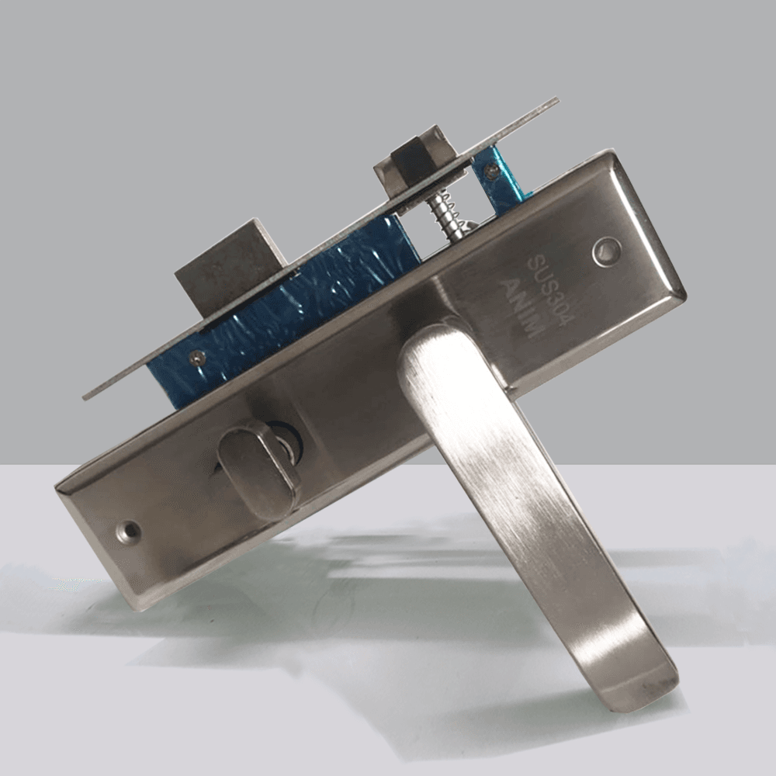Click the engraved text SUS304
tap(550, 290)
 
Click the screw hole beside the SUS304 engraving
tap(607, 251)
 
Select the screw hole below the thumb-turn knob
tap(128, 531)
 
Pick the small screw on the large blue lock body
tap(197, 356)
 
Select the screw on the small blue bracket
tap(490, 171)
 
